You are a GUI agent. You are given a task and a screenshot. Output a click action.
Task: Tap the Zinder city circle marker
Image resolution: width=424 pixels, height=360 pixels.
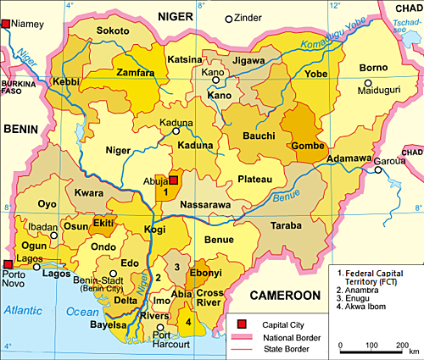(228, 19)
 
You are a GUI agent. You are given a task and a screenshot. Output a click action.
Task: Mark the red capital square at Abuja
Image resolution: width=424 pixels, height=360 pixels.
(174, 180)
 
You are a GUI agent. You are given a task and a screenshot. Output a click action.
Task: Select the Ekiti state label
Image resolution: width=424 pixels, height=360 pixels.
(103, 223)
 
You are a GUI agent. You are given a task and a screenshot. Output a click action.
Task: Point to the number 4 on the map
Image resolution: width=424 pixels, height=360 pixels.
(187, 320)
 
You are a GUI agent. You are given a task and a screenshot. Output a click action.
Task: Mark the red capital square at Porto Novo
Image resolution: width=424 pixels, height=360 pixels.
(8, 264)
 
